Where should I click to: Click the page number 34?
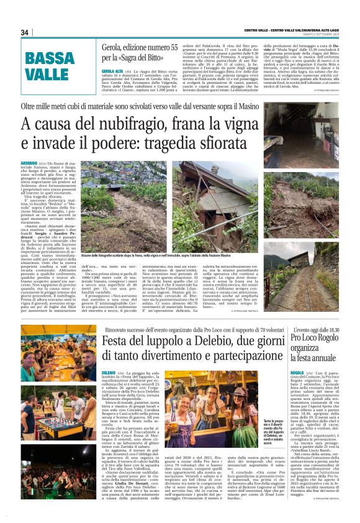point(25,33)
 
